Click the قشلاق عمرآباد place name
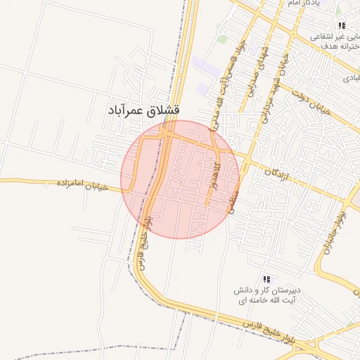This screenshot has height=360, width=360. point(144,110)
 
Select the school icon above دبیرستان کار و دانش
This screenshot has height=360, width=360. point(266,279)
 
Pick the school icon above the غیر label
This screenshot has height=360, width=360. point(342,25)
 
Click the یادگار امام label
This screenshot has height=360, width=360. point(303,4)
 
